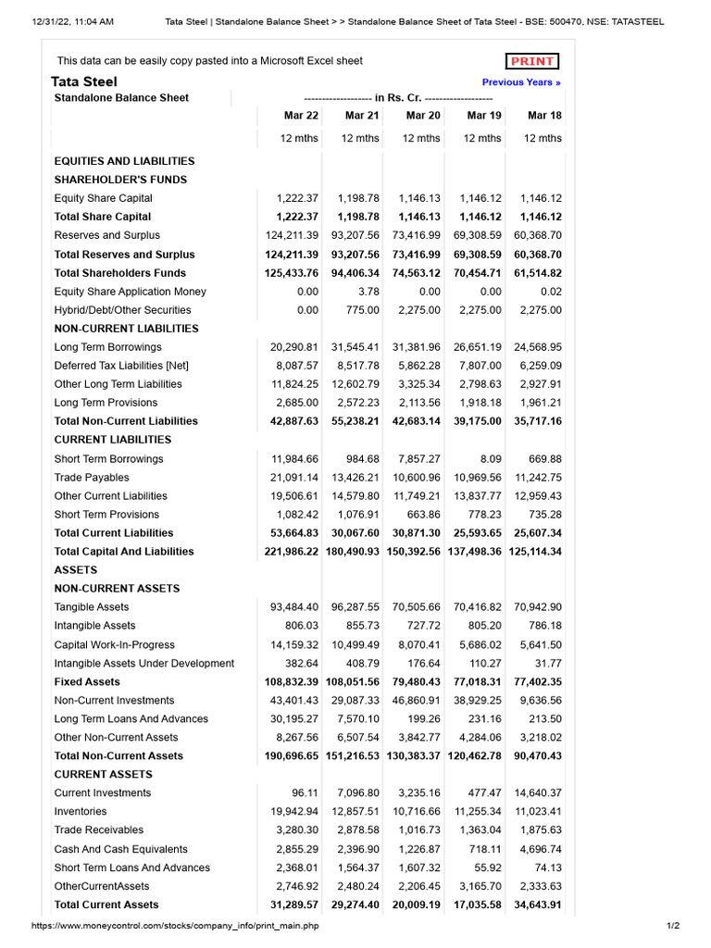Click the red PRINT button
pos(532,61)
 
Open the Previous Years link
pos(521,82)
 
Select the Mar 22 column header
pos(301,116)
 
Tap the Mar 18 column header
pos(544,116)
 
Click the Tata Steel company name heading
pos(83,81)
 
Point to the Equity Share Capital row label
pos(104,198)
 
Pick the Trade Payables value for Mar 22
pos(294,478)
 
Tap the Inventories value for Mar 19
pos(478,812)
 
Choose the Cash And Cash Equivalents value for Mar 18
pos(541,849)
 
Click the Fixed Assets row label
pos(87,681)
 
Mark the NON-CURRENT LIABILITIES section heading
pos(127,329)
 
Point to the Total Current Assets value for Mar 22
pos(293,904)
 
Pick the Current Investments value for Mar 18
pos(537,793)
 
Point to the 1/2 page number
pos(672,926)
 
